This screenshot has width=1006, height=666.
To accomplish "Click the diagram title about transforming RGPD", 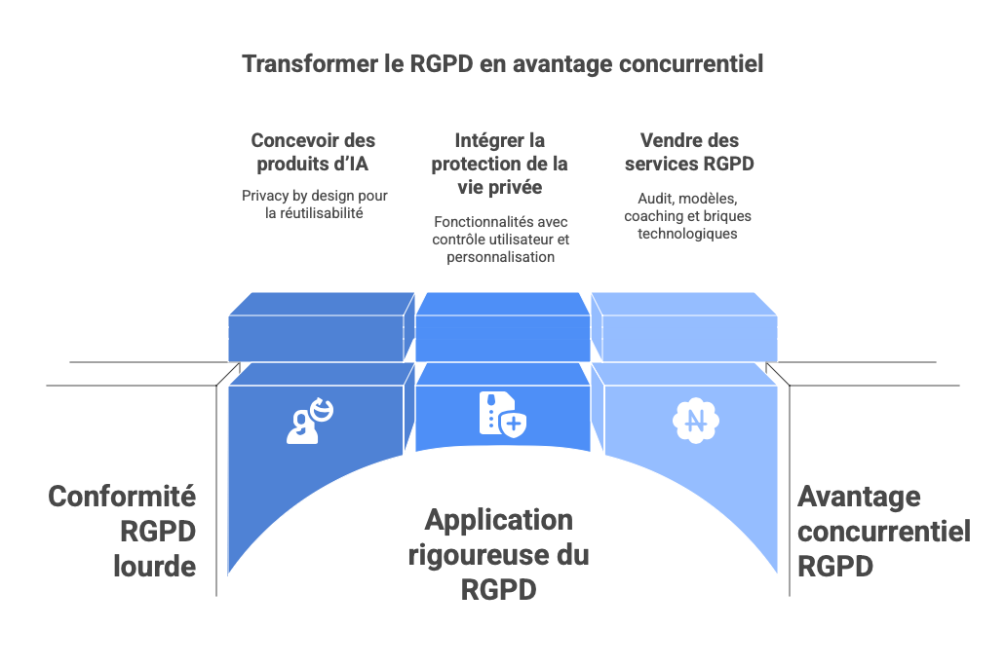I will coord(502,64).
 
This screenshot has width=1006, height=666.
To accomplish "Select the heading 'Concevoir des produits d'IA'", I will coord(313,152).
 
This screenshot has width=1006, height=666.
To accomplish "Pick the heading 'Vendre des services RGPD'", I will coord(688,152).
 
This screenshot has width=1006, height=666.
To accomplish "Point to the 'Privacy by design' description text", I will coord(314,203).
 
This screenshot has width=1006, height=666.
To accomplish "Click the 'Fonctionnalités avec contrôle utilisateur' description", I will coord(500,239).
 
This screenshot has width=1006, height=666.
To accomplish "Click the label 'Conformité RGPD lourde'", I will coord(123,531).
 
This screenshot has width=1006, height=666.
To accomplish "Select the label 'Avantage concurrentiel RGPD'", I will coord(883,531).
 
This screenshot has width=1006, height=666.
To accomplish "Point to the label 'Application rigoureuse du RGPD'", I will coord(498,554).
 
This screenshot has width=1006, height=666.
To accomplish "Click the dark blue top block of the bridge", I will coord(315,326).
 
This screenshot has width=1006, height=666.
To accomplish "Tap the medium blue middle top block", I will coord(502,326).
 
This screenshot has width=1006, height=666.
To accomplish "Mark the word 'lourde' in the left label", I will coord(154,566).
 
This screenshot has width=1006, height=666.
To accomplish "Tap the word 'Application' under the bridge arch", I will coord(498,520).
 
